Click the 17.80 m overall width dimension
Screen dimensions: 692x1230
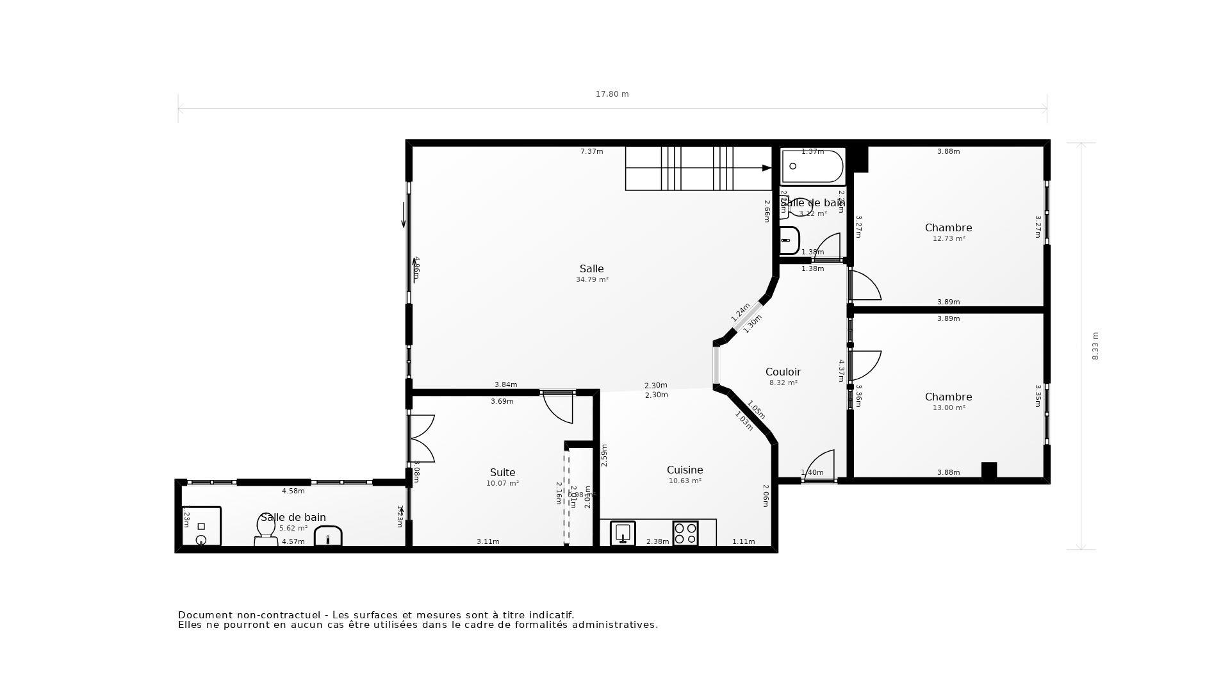[612, 94]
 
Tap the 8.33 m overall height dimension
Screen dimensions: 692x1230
[1095, 346]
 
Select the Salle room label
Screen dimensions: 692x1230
[591, 269]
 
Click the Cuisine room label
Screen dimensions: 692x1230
[685, 470]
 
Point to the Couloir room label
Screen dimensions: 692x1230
[783, 372]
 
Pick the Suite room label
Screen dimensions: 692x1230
[502, 473]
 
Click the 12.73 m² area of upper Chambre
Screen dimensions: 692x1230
[949, 238]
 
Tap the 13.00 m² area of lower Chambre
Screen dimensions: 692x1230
[949, 408]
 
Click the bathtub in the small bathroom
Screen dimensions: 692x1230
[812, 167]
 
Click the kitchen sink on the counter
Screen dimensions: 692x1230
[623, 533]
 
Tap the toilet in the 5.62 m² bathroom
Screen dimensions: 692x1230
[266, 530]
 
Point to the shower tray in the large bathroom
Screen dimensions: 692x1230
[201, 527]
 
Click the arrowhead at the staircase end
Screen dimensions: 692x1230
[766, 168]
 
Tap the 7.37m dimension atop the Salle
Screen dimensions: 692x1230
[591, 152]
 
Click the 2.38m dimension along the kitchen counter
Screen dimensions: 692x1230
[657, 542]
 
